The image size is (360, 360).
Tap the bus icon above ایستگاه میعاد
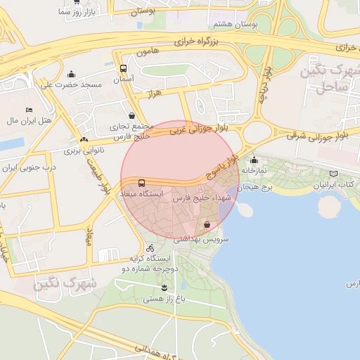(142, 183)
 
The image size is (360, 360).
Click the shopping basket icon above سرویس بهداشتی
(207, 224)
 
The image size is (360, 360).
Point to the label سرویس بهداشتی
(207, 239)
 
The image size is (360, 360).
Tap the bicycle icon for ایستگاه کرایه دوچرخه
(150, 247)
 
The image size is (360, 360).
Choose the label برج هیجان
(257, 188)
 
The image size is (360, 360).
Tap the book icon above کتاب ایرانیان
(333, 174)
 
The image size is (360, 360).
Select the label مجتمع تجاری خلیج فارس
(133, 131)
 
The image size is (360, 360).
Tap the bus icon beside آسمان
(124, 69)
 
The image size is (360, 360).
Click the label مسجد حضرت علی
(71, 85)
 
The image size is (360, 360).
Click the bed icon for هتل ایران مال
(29, 110)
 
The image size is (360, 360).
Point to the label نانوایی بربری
(84, 150)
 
